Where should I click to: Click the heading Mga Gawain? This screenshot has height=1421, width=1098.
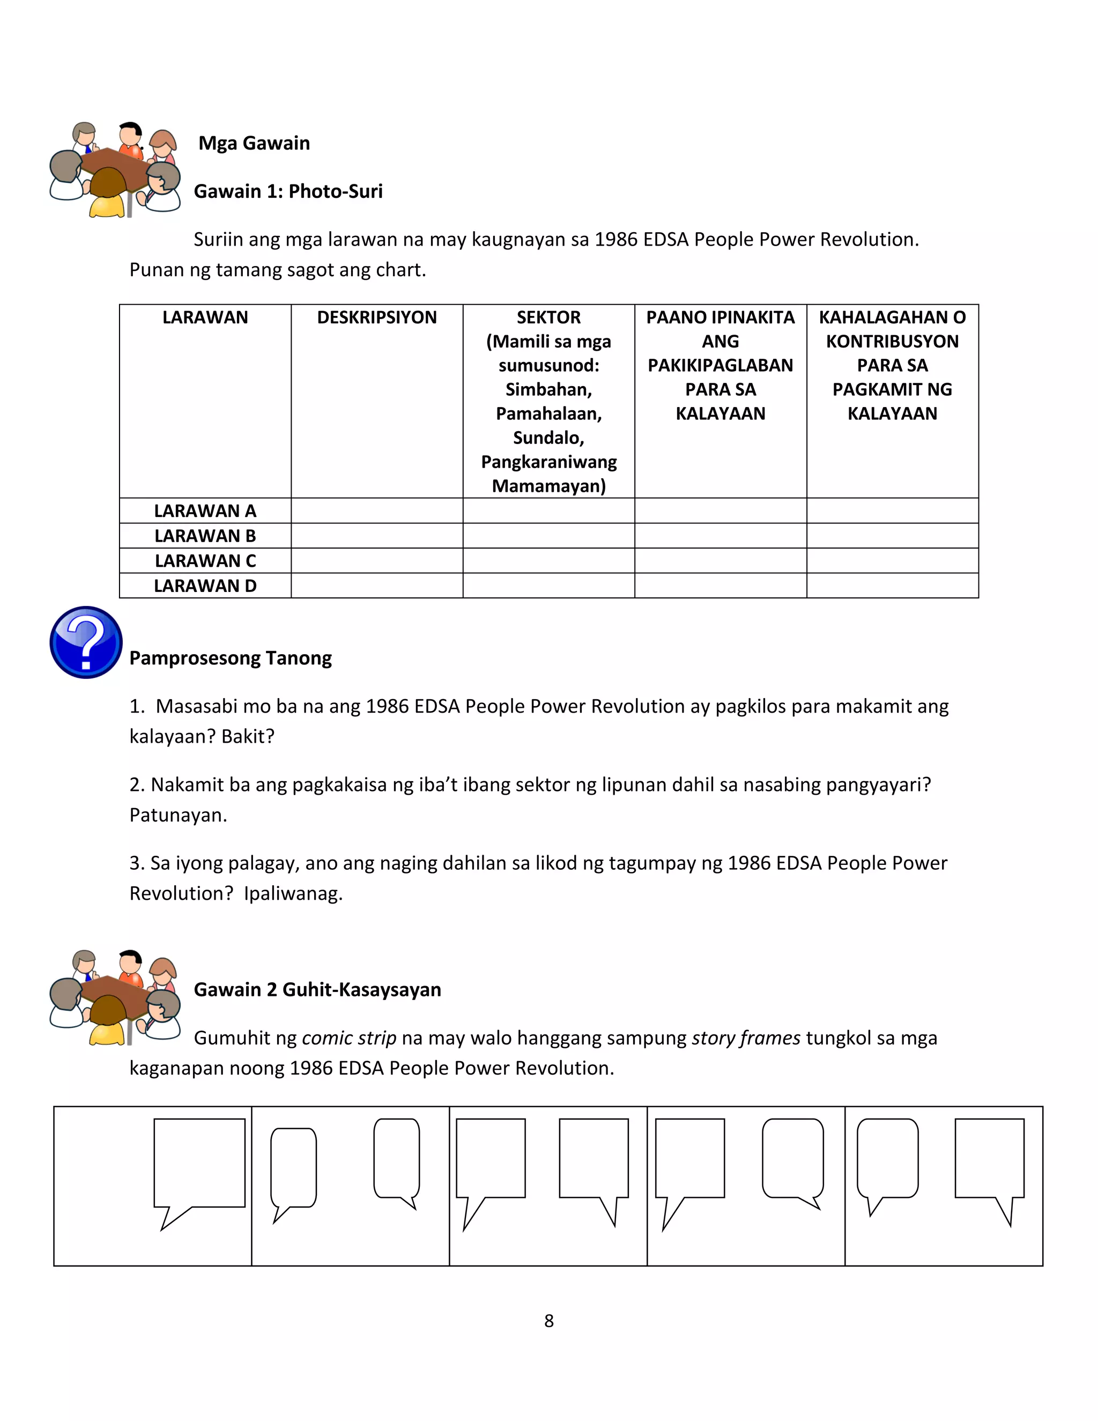pos(254,143)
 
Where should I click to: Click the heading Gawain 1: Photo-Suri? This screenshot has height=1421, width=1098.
pos(288,191)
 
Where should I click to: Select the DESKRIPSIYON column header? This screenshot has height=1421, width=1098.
pos(376,317)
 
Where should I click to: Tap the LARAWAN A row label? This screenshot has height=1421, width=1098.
pos(205,510)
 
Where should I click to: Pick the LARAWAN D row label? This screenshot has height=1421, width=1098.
pos(205,586)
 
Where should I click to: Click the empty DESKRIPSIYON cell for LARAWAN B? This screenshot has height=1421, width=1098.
pos(376,536)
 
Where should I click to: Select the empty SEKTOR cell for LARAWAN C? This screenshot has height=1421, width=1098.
pos(548,560)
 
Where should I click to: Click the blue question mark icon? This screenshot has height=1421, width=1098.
pos(86,642)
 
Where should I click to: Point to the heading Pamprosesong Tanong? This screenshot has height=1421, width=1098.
pos(230,658)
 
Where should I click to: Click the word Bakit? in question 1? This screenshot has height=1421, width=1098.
pos(248,737)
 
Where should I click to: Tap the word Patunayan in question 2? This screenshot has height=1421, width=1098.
pos(177,815)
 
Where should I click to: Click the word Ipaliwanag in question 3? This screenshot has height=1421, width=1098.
pos(293,893)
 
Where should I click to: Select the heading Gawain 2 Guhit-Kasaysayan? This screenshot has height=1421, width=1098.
pos(317,990)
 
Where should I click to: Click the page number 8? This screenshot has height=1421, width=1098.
pos(549,1321)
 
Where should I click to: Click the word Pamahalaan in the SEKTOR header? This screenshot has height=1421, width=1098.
pos(548,414)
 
